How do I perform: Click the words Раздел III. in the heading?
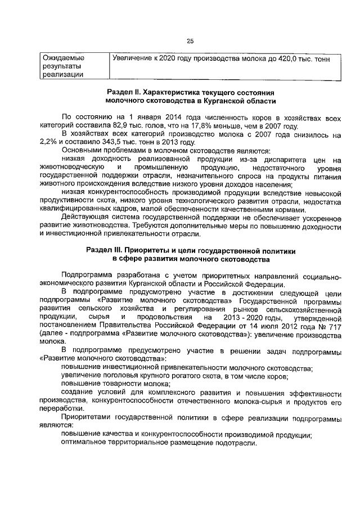106,250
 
